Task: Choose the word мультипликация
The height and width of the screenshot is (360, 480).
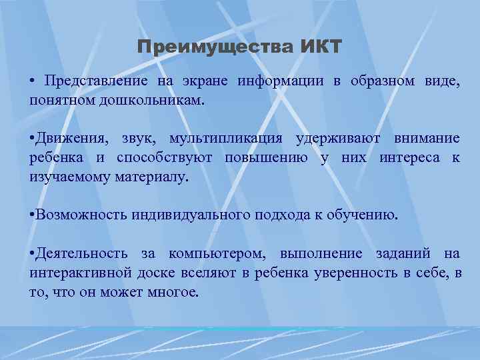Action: tap(225, 139)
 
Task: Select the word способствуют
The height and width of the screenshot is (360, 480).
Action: tap(163, 158)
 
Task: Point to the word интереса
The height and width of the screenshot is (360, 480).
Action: tap(411, 158)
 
